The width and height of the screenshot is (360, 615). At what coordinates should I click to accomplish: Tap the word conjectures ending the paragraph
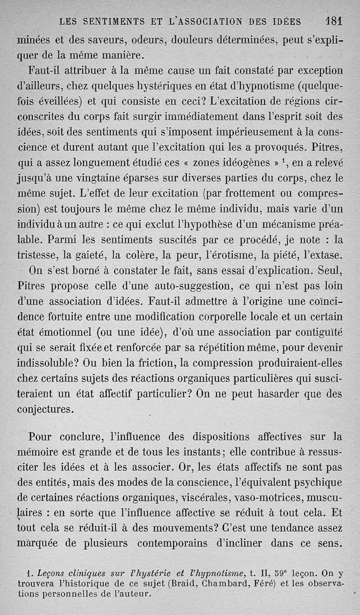click(x=45, y=409)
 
